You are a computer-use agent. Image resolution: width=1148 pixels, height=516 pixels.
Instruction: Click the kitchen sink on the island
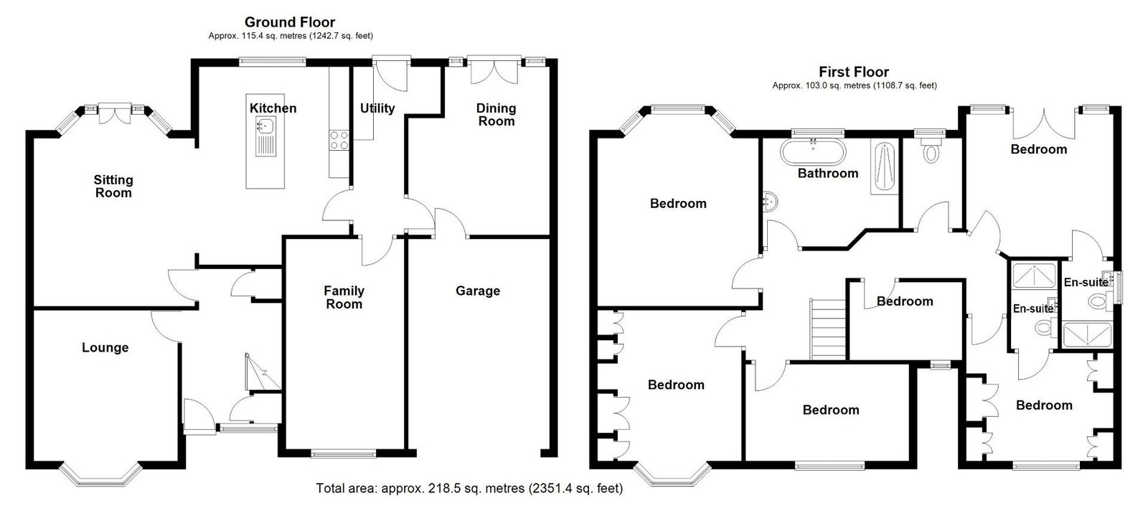(266, 136)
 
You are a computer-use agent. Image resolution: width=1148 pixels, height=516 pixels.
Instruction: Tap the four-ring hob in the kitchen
(339, 141)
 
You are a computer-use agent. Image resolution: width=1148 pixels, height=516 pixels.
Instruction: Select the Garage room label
(478, 291)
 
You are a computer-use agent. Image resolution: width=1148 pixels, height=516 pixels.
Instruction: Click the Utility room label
(377, 108)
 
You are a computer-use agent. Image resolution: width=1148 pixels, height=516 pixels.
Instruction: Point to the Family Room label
(344, 297)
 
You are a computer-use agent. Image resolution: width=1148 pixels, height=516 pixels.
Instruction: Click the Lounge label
(105, 347)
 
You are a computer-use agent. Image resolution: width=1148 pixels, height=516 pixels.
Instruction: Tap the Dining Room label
(496, 115)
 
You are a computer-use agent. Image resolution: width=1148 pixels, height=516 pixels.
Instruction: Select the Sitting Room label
(113, 186)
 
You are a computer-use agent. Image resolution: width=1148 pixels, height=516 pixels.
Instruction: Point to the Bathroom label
(828, 173)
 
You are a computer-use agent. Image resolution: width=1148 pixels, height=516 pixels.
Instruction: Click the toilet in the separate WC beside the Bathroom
(930, 150)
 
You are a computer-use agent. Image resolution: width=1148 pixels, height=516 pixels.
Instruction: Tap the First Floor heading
(854, 72)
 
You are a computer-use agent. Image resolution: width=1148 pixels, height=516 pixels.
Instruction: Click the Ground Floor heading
(290, 22)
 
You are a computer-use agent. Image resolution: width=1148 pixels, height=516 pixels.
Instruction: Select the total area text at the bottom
(469, 488)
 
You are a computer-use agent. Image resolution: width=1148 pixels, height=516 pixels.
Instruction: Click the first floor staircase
(828, 329)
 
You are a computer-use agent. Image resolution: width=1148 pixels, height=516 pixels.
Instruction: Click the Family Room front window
(344, 453)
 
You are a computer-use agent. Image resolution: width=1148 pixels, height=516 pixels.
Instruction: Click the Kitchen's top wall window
(272, 62)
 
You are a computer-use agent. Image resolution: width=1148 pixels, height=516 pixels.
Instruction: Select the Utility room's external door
(392, 74)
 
